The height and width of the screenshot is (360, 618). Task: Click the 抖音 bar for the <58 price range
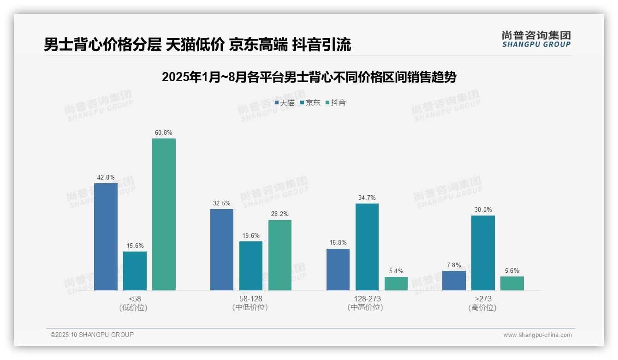[x=164, y=214]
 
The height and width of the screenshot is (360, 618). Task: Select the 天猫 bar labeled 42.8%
[x=106, y=236]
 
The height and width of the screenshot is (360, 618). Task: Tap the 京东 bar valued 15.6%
[x=135, y=270]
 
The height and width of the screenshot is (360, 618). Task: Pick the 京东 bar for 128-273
[x=367, y=246]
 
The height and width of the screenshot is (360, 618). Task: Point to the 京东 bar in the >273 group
[x=483, y=252]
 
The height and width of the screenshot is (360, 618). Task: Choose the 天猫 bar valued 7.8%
[x=454, y=280]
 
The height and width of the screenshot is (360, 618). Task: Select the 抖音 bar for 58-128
[x=279, y=255]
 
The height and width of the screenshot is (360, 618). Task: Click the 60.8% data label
[x=164, y=133]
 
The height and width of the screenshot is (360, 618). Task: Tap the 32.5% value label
[x=222, y=204]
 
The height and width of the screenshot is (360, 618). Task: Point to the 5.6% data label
[x=512, y=271]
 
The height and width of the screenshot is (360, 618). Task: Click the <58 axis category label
[x=135, y=299]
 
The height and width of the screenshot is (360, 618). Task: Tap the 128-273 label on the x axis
[x=367, y=299]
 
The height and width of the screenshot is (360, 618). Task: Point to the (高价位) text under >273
[x=482, y=307]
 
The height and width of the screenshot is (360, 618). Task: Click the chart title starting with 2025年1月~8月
[x=309, y=77]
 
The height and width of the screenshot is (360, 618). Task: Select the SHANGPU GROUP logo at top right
[x=536, y=39]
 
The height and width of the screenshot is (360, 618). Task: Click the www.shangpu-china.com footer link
[x=537, y=335]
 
